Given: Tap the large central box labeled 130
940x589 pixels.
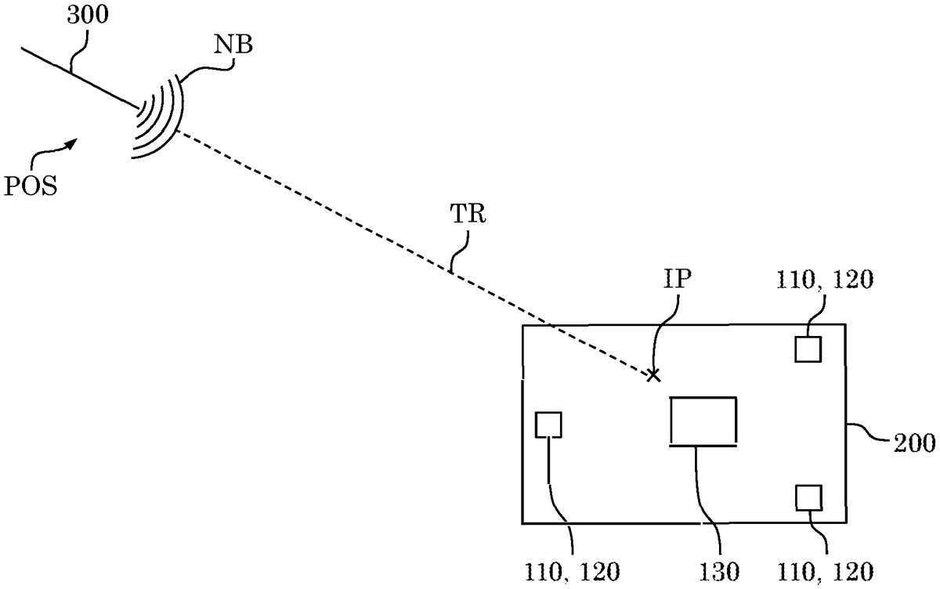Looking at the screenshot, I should click(703, 421).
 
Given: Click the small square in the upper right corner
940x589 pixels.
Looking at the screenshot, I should click(808, 349).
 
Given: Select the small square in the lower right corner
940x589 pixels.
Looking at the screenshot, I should click(808, 497).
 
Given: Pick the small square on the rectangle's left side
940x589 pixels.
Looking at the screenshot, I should click(548, 425).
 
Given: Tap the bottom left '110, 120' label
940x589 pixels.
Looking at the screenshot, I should click(573, 571).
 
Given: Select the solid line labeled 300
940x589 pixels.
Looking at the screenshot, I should click(78, 77).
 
